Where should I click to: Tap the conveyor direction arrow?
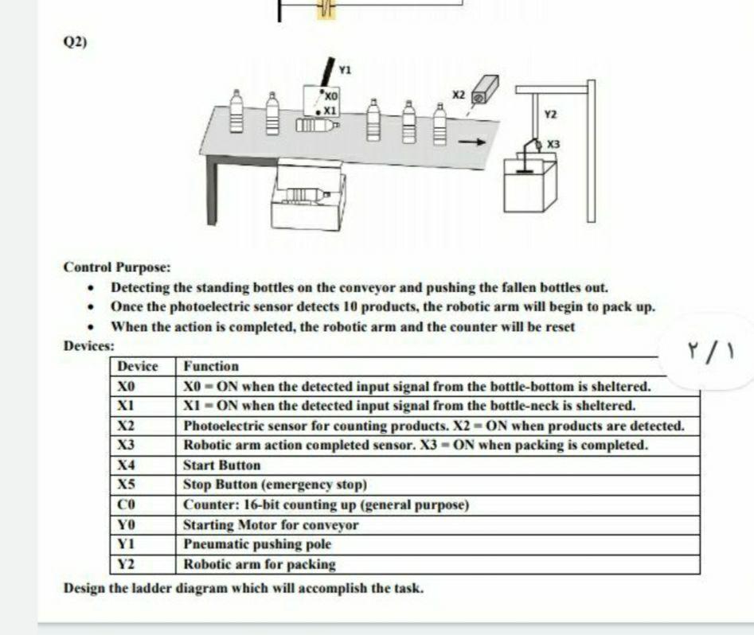point(471,143)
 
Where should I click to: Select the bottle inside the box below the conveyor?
point(302,194)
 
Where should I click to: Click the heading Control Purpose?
point(117,267)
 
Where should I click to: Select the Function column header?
point(211,367)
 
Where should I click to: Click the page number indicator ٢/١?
point(708,351)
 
